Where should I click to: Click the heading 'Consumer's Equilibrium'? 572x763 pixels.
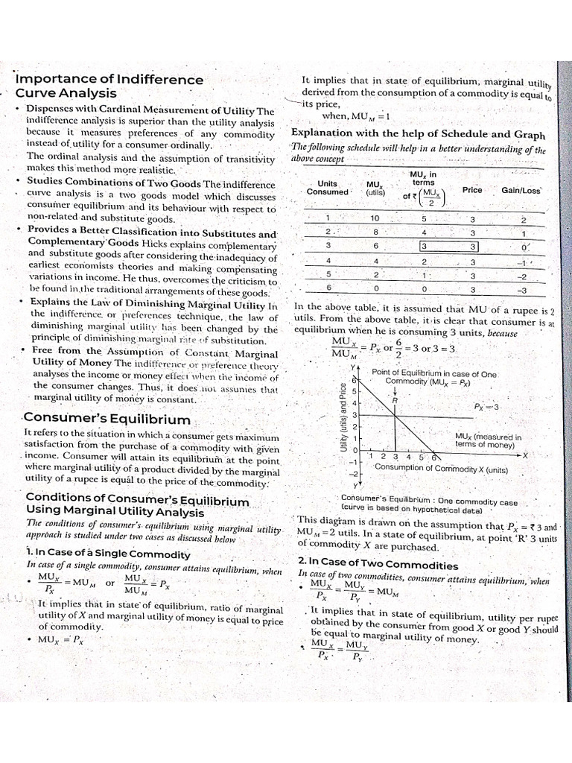point(107,420)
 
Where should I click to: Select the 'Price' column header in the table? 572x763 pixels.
point(472,190)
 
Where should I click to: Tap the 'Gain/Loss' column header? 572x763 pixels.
point(521,190)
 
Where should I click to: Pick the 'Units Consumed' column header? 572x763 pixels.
point(327,188)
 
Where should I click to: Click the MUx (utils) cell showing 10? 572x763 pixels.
point(375,218)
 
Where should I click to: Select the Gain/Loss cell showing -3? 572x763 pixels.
point(522,290)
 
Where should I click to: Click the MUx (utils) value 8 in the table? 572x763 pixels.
point(375,232)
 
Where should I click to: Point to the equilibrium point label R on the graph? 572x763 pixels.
point(394,400)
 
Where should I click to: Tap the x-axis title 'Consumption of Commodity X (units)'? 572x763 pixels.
point(441,469)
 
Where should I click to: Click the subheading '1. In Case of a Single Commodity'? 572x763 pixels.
point(108,554)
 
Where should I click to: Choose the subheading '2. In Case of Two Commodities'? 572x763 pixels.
point(378,564)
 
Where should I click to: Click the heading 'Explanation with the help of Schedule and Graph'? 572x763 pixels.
point(418,134)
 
